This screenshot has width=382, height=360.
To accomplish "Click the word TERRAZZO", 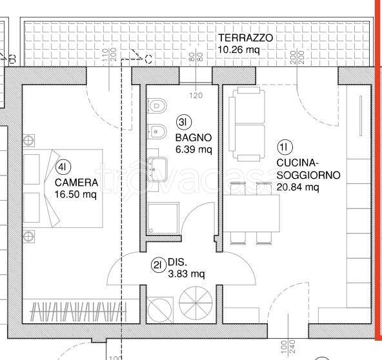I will coord(245,38).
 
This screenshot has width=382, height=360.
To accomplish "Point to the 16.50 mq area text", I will coord(75,194).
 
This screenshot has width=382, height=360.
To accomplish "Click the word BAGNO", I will coord(193,138).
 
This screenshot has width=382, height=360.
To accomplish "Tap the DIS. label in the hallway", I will coord(177,263).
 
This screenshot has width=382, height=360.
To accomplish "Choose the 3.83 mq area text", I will coord(186,274).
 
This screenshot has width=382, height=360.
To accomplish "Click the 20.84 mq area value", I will coord(297,187).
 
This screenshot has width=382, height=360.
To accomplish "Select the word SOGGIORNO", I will coord(307,175).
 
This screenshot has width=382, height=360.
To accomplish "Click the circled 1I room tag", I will coord(284,146).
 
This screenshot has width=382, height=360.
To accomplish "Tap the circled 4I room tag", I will coord(63,168).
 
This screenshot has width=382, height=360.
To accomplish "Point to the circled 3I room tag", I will coord(183,121).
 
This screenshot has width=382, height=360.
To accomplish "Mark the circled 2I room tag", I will coord(158,263).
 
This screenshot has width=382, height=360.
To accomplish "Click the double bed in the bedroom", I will coord(63,187).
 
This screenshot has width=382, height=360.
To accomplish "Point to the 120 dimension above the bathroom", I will coord(196,95).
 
